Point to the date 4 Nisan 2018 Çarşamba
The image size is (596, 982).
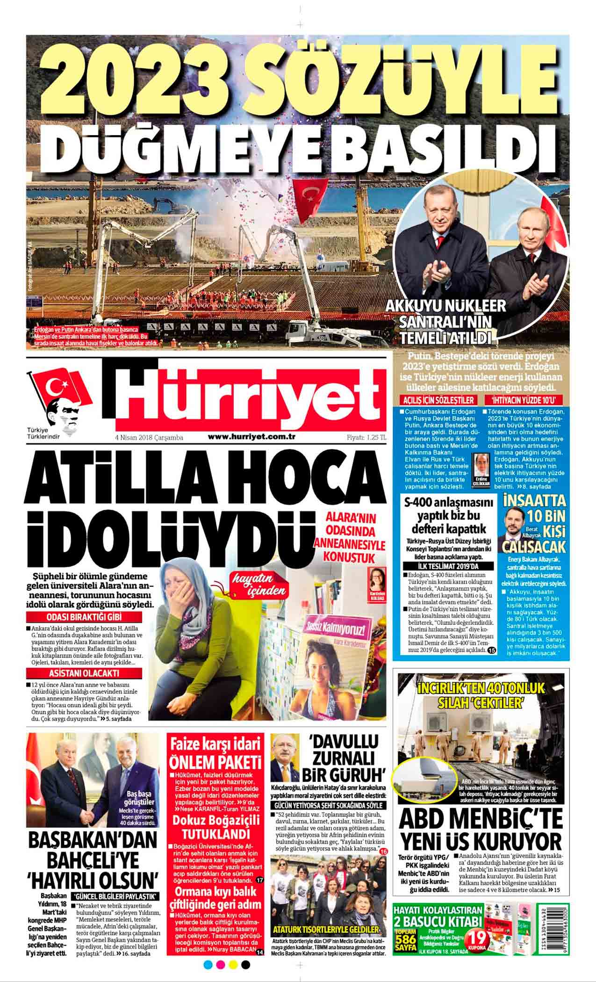pyautogui.click(x=149, y=438)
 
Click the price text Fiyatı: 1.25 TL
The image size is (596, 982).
pyautogui.click(x=366, y=437)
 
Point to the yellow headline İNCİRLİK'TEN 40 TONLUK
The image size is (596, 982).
pyautogui.click(x=481, y=694)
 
